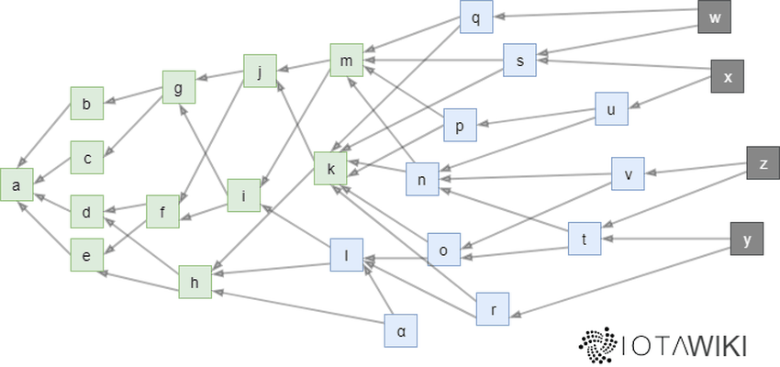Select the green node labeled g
click(178, 87)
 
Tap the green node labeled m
click(346, 61)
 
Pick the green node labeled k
click(330, 168)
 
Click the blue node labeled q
click(475, 17)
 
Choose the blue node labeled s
click(519, 61)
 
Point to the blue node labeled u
click(611, 109)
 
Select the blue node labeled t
click(585, 239)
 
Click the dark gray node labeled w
click(714, 17)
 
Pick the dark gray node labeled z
click(763, 164)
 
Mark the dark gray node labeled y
click(747, 239)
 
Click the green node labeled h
click(195, 282)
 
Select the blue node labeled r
click(493, 309)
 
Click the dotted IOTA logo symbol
click(597, 344)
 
